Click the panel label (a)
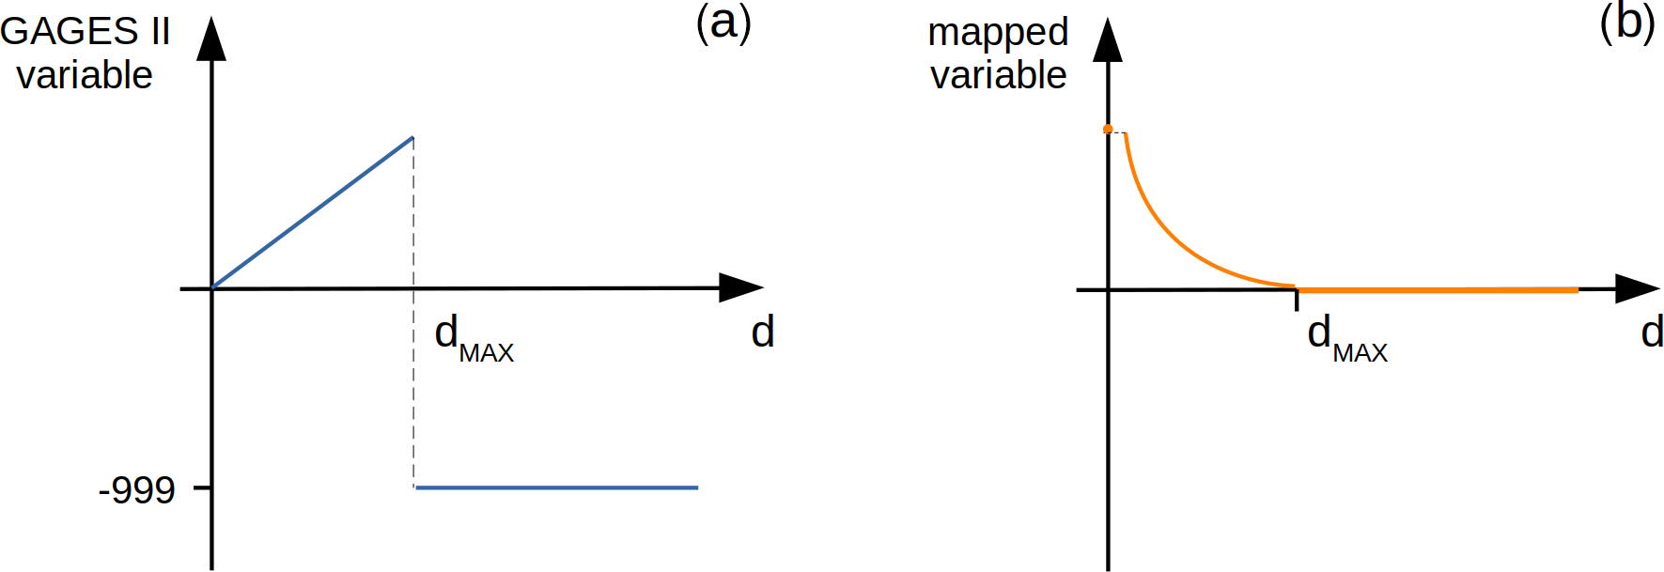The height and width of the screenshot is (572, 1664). point(723,23)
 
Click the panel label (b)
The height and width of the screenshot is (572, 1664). point(1626,23)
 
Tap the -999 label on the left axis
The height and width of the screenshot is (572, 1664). point(137,489)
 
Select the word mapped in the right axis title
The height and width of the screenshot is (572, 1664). point(998,32)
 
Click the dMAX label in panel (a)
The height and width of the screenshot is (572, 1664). point(473,338)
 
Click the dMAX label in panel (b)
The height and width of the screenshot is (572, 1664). point(1346,338)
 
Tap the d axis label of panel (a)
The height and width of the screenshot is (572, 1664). point(762,332)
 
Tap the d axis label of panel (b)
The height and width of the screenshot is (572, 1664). point(1652,332)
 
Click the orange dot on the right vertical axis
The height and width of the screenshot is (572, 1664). point(1108,129)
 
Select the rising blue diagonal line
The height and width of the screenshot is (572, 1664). point(312,213)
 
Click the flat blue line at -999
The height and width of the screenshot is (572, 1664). point(556,487)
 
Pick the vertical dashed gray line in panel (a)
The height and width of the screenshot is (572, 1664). point(413,394)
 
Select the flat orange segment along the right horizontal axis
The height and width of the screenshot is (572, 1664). point(1438,290)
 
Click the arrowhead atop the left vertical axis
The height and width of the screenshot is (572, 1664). point(211,39)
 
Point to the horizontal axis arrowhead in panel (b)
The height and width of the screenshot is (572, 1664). point(1637,289)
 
